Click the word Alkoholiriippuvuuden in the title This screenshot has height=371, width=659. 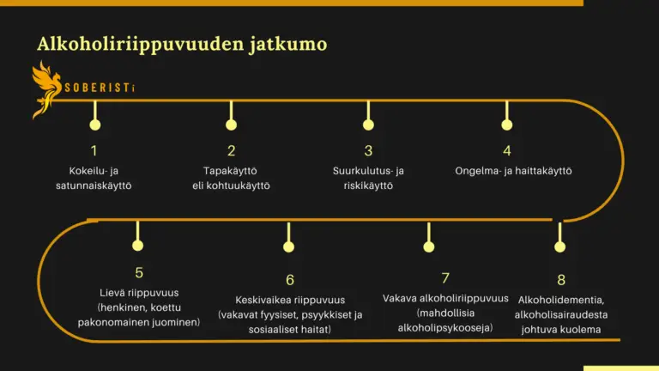pos(141,45)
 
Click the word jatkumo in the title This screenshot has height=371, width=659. pos(288,45)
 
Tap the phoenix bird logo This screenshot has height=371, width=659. pos(46,89)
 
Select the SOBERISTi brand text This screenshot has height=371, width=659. pos(100,88)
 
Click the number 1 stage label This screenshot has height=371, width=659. pos(94,150)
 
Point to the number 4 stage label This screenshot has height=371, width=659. pos(507,150)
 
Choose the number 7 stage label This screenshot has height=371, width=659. pos(445,277)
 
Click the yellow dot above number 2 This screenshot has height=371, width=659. pos(231,125)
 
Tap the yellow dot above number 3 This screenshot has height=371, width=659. pos(368,125)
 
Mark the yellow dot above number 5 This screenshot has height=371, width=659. pos(137,246)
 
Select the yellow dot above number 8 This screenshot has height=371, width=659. pos(559,246)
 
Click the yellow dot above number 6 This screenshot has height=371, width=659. pos(288,246)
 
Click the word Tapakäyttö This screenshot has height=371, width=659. pos(230,171)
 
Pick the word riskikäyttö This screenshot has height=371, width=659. pos(368,185)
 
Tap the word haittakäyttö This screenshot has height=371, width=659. pos(542,171)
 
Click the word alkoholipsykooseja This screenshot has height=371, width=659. pos(445,328)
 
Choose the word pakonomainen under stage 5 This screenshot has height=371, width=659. pos(108,322)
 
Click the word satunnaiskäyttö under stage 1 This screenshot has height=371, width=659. pos(94,185)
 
